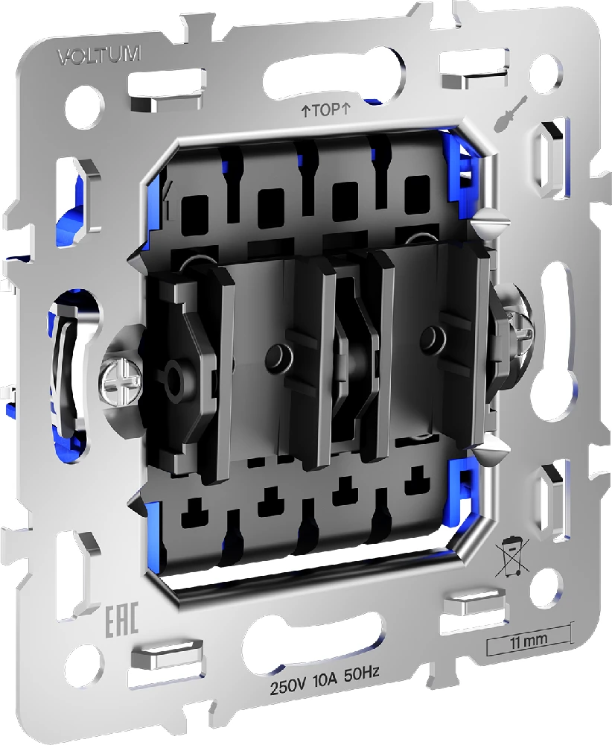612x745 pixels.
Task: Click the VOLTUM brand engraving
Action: tap(99, 56)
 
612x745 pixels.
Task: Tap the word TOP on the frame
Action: tap(326, 111)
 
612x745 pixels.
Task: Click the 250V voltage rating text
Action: tap(288, 688)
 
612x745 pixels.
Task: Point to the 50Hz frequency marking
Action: tap(362, 685)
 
